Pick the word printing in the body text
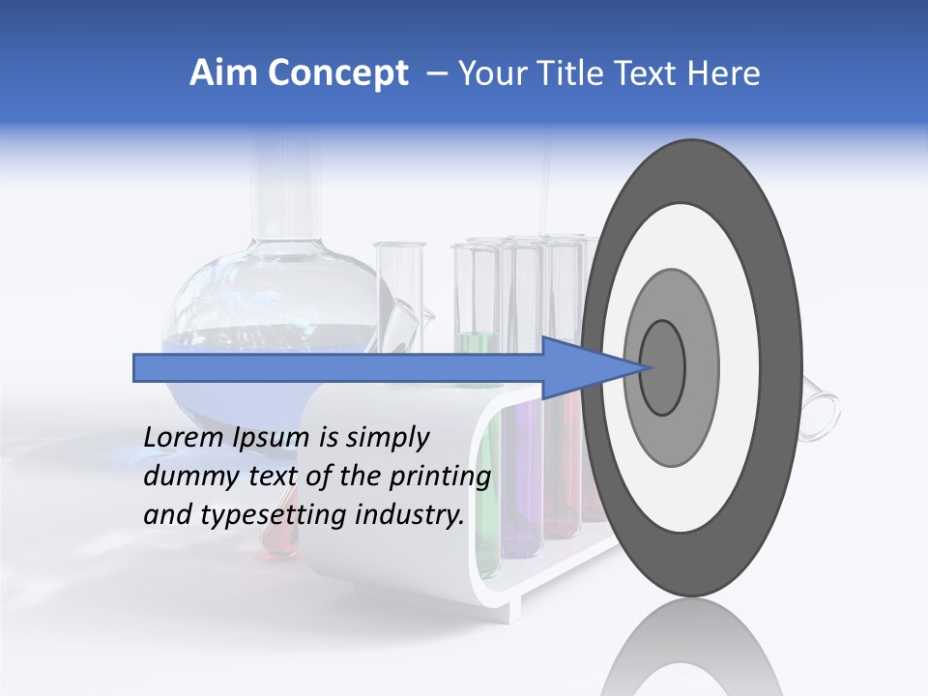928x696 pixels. tap(440, 477)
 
